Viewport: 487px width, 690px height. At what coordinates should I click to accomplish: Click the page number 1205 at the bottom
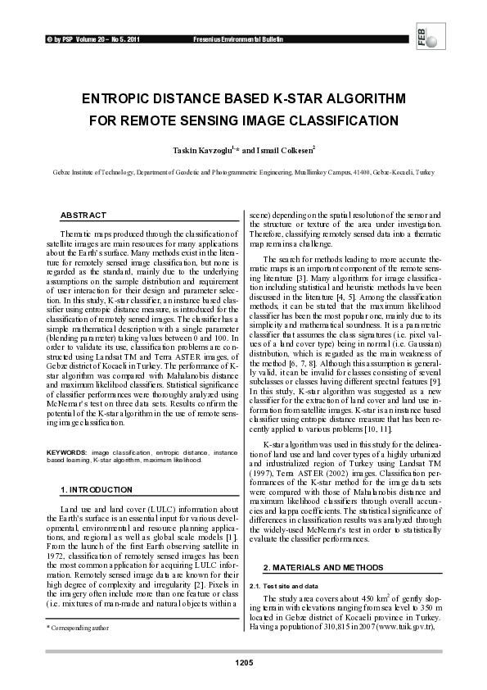coord(243,661)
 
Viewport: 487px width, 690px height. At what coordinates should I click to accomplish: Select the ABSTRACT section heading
coord(83,215)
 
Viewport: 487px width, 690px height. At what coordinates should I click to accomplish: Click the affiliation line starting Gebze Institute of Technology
coord(243,175)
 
